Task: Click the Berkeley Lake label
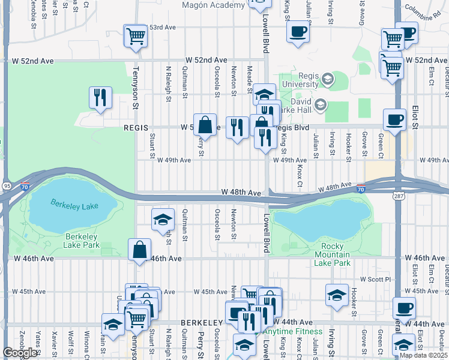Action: (x=74, y=206)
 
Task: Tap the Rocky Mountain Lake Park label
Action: (x=332, y=255)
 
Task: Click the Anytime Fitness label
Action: (x=292, y=331)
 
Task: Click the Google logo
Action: (x=20, y=353)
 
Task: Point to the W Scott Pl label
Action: (x=375, y=279)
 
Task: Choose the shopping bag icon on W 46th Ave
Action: (x=139, y=249)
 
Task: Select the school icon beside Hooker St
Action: (x=337, y=295)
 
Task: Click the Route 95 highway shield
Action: (x=5, y=186)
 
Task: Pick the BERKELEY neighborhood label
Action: (x=195, y=323)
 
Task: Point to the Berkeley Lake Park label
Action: (x=82, y=240)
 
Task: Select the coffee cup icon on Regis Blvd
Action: (x=394, y=119)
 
